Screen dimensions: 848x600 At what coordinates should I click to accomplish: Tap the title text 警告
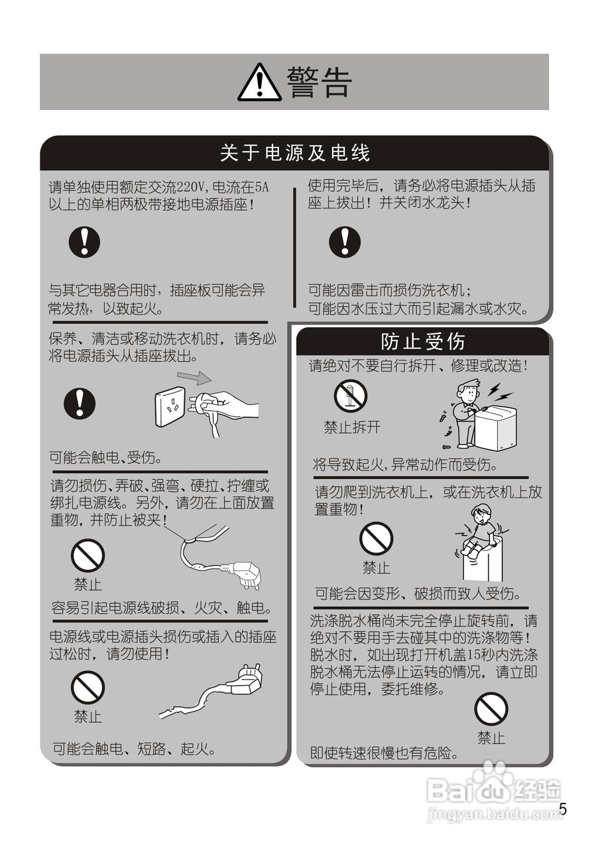319,83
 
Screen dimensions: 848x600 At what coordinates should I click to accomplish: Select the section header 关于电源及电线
295,154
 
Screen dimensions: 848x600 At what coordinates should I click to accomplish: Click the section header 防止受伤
423,342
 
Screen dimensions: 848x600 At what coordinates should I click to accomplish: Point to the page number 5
564,810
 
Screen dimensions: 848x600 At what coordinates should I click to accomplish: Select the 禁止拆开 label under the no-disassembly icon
352,428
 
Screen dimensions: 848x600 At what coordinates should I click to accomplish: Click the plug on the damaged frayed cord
247,681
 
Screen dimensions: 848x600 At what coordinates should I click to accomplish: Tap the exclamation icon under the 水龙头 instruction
345,242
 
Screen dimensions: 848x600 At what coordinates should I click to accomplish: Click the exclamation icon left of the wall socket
80,403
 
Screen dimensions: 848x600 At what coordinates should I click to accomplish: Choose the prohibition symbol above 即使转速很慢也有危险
491,708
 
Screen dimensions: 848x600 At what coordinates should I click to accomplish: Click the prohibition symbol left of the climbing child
376,539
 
